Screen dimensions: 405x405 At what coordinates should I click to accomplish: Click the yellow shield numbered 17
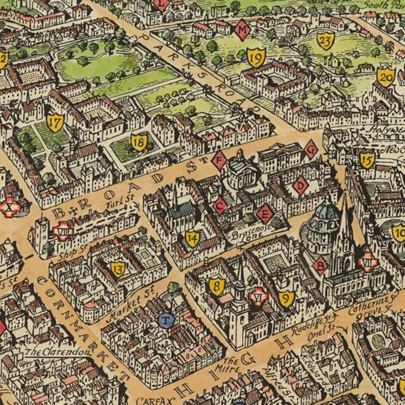[x=55, y=123]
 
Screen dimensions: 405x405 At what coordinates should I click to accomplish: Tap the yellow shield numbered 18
[x=139, y=142]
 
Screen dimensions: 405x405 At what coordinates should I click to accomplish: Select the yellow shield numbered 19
[x=256, y=58]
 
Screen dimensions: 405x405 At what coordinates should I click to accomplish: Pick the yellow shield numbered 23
[x=326, y=40]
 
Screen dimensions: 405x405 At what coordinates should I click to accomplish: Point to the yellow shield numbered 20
[x=386, y=76]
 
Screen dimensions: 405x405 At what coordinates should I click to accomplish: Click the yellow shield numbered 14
[x=193, y=239]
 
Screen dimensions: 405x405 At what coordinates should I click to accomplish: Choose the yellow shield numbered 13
[x=118, y=269]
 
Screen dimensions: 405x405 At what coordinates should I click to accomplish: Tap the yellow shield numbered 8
[x=217, y=286]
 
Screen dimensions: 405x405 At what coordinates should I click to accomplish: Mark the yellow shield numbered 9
[x=286, y=298]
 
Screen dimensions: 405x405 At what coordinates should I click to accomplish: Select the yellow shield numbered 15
[x=367, y=160]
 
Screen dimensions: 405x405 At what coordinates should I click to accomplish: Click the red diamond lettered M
[x=243, y=30]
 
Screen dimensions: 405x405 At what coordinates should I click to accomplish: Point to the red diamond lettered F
[x=219, y=160]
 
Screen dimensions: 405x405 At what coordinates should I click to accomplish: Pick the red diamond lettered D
[x=301, y=185]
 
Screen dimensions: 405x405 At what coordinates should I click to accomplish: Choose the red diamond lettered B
[x=321, y=266]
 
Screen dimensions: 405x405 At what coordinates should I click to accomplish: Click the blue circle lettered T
[x=167, y=320]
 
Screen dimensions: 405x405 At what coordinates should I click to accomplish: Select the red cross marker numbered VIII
[x=63, y=232]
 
